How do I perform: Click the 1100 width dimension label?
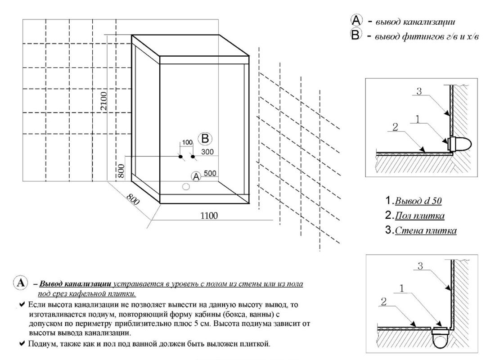[209, 216]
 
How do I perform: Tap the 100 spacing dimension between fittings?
[186, 143]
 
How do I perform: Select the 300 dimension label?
[207, 152]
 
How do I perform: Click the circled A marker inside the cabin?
[196, 176]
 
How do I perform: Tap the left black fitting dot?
[180, 157]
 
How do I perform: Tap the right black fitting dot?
[193, 157]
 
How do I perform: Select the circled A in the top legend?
[356, 20]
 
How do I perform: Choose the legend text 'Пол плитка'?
[420, 216]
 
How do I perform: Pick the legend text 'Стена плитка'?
[426, 231]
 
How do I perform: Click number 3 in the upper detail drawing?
[418, 92]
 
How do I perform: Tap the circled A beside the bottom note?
[20, 283]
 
